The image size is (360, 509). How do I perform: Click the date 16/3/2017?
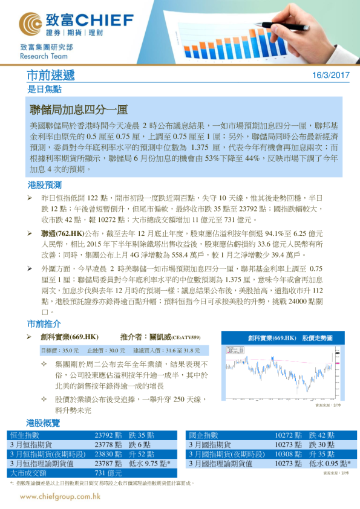click(x=331, y=76)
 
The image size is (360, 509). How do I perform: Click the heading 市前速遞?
click(x=51, y=76)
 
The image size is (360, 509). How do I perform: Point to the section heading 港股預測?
click(x=44, y=184)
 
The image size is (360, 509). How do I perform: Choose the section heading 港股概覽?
click(x=44, y=421)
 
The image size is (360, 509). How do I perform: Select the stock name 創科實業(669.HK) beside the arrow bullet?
click(x=70, y=337)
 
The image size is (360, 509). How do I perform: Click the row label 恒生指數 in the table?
click(x=25, y=435)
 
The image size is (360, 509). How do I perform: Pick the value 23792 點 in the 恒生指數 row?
click(x=108, y=435)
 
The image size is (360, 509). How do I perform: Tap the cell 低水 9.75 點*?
click(x=149, y=463)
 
